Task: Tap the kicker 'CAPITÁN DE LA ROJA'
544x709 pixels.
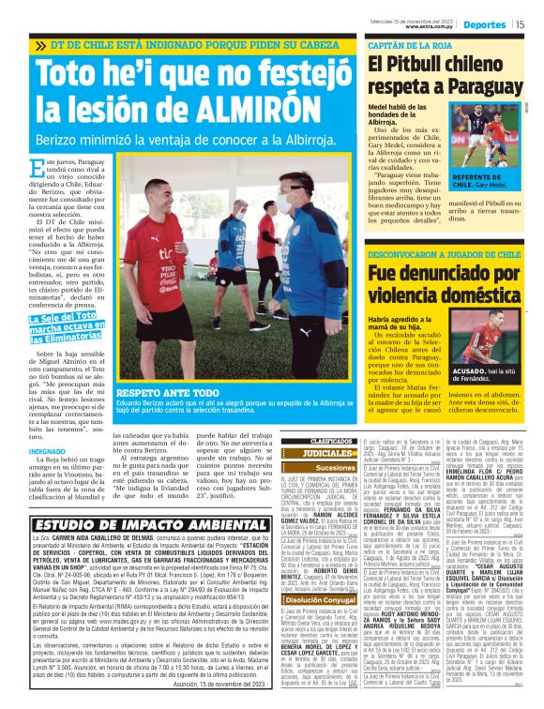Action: click(402, 44)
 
